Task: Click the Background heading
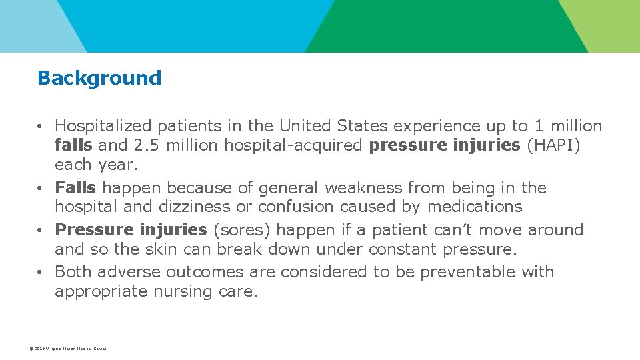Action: pos(99,78)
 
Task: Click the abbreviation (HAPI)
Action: pos(553,146)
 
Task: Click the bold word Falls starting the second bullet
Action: pos(75,188)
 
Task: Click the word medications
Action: pos(475,207)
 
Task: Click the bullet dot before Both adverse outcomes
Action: pos(41,273)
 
